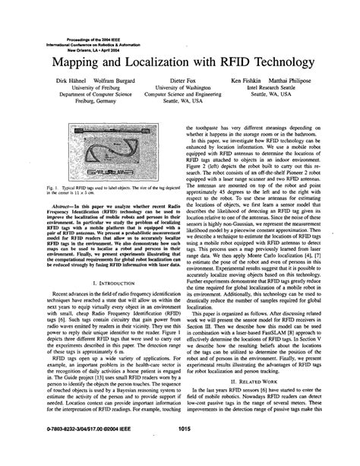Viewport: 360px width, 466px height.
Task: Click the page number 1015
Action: [x=180, y=451]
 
